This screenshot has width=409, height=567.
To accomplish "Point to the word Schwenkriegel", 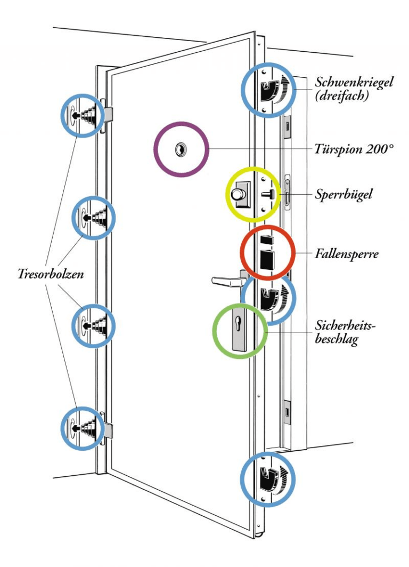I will click(354, 84).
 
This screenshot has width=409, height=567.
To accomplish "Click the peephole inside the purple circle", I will click(181, 149).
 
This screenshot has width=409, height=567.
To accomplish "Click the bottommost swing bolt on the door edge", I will click(268, 477).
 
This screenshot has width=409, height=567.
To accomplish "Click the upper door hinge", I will click(107, 113).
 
